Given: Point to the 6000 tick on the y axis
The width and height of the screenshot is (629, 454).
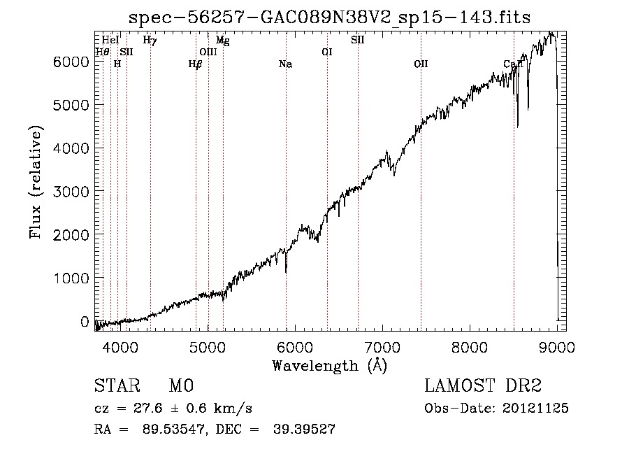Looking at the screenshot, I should pos(73,62).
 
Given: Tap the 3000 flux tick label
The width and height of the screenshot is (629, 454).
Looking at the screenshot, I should pos(73,192).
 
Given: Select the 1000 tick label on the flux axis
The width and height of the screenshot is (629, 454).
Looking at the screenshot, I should pos(73,278).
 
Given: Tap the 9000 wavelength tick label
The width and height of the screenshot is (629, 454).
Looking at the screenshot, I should pos(557,346).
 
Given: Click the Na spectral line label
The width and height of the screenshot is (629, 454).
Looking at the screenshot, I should pos(285,64).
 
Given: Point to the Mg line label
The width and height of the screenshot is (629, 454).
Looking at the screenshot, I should pos(222,41).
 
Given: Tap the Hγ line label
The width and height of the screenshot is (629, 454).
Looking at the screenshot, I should pos(150,41).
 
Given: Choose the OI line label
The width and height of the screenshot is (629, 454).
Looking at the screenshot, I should pos(326,52).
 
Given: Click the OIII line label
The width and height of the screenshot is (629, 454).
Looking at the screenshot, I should pos(208,52).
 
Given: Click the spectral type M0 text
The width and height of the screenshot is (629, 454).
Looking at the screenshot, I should pos(180,386).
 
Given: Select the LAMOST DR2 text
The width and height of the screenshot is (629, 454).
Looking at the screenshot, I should pos(483,386).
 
